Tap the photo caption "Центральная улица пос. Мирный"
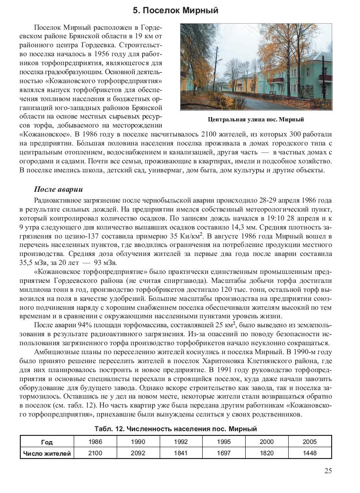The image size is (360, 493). [x=256, y=119]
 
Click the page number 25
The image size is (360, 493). [x=328, y=470]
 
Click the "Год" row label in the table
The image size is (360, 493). [x=47, y=442]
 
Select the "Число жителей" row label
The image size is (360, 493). [x=47, y=453]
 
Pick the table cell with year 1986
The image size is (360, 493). [x=95, y=442]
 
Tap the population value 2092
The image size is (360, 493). [x=137, y=453]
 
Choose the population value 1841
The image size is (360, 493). [x=180, y=453]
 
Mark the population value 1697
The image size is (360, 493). [x=223, y=453]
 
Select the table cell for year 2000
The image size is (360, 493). [x=266, y=442]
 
